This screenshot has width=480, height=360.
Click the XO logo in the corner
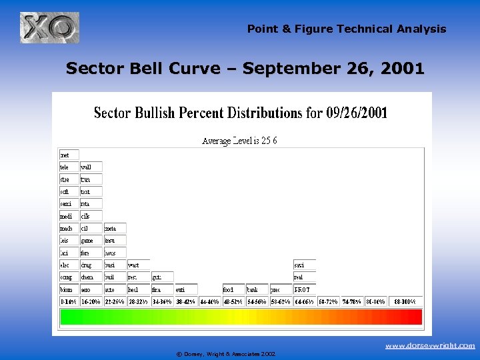click(x=49, y=28)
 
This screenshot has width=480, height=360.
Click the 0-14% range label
click(x=69, y=302)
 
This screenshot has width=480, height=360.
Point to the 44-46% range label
click(x=209, y=302)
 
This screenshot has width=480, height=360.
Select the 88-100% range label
click(x=404, y=302)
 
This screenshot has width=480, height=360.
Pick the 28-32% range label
click(x=139, y=302)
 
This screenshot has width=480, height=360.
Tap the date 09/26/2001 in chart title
click(x=357, y=113)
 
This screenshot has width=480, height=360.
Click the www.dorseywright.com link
click(x=431, y=346)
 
